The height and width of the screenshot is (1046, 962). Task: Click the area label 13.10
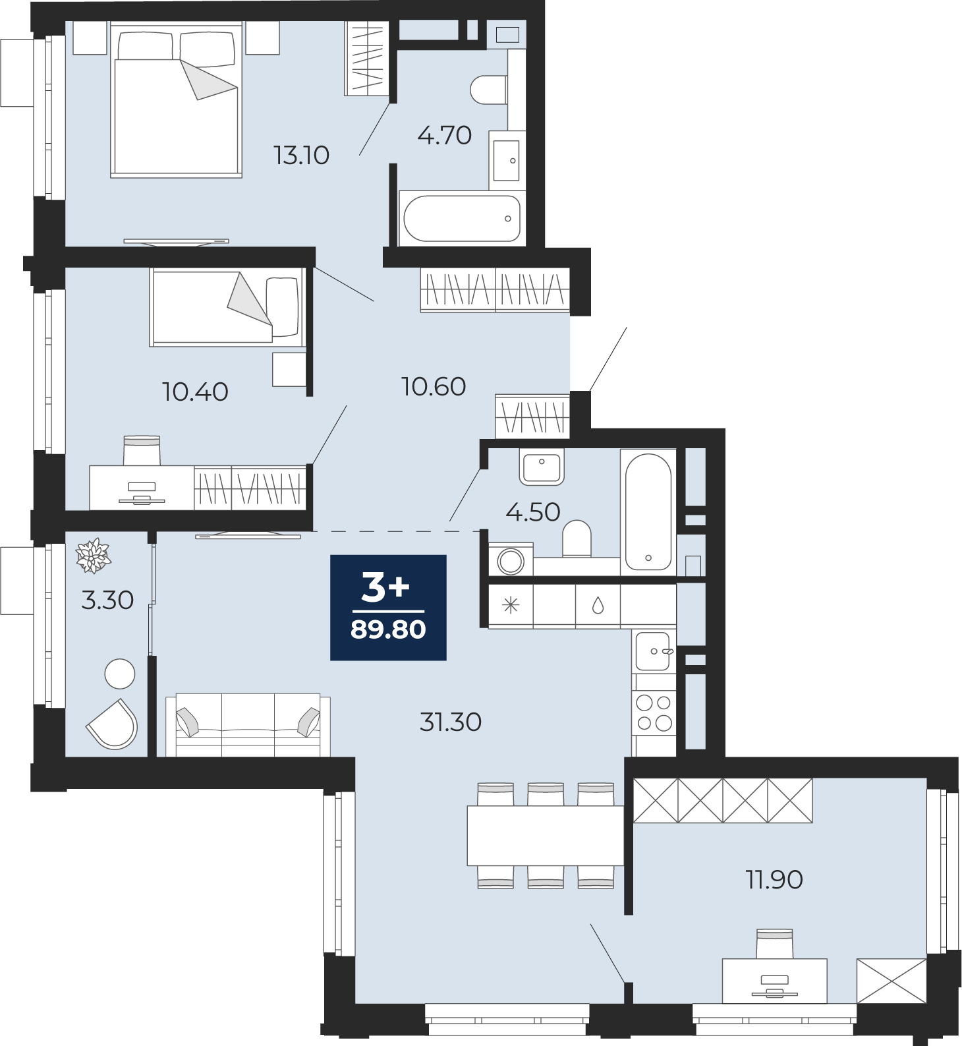(301, 156)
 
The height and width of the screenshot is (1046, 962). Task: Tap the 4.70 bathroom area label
(445, 135)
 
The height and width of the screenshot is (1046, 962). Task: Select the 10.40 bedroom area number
(195, 392)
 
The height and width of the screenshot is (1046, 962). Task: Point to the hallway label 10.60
(434, 386)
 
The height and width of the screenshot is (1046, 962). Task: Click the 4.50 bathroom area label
(533, 511)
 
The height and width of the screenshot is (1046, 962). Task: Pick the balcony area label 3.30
(107, 600)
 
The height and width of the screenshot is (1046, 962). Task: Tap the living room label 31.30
(451, 722)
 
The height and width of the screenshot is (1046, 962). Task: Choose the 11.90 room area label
(774, 879)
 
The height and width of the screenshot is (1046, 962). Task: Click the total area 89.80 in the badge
(388, 629)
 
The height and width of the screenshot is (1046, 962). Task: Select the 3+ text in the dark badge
(386, 587)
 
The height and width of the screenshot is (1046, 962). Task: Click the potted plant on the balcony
(94, 555)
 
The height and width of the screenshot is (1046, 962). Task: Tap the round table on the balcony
(120, 674)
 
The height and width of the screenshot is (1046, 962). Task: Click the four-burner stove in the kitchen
(654, 713)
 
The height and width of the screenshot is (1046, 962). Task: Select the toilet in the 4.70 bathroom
(489, 90)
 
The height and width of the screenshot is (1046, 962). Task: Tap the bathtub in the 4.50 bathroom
(648, 511)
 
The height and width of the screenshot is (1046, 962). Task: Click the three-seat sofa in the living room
(248, 724)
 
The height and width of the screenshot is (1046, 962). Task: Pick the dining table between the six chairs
(545, 835)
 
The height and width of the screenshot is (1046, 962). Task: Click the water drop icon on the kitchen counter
(598, 605)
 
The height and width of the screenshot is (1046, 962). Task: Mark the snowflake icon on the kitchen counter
(511, 605)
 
